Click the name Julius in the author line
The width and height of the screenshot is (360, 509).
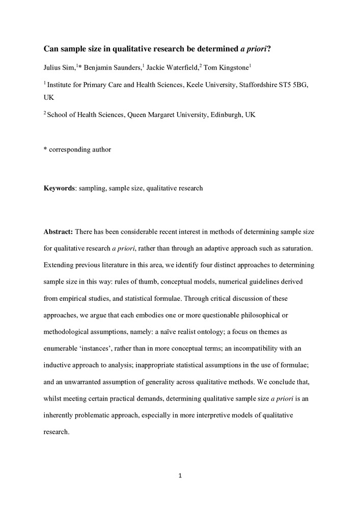[52, 68]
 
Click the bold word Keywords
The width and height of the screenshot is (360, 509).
[59, 188]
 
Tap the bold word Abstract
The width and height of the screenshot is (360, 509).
[59, 232]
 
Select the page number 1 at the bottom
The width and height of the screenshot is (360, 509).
[180, 476]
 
